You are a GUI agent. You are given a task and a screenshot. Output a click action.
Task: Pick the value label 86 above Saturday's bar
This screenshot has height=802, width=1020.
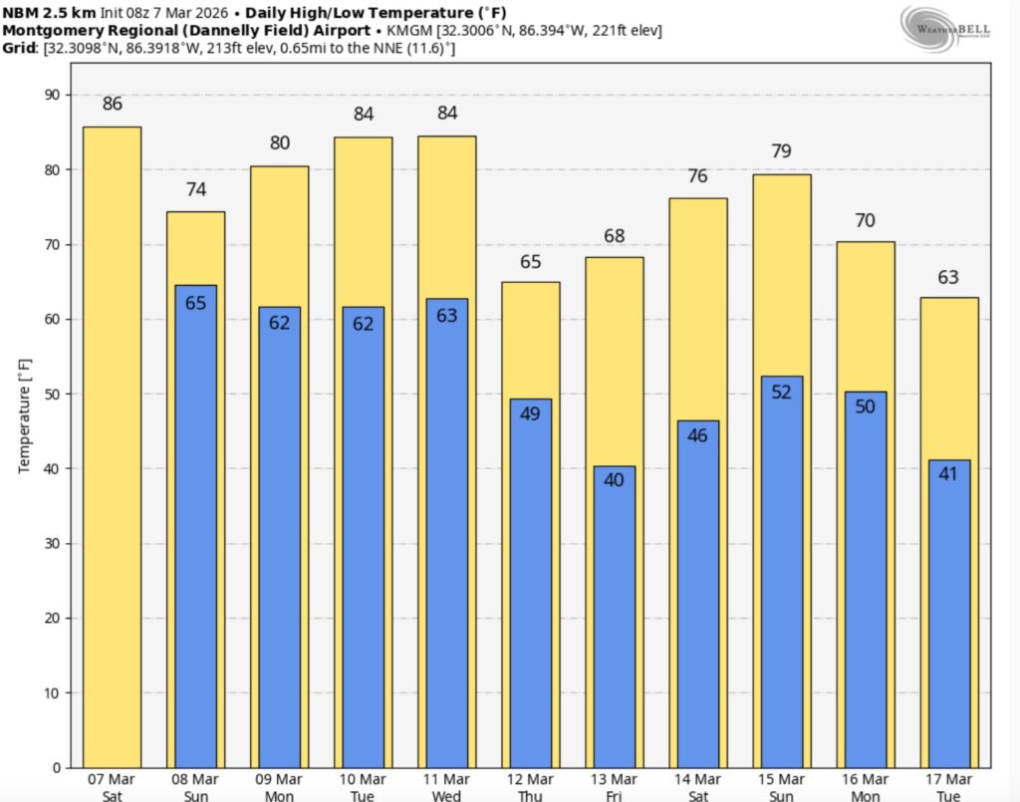click(113, 104)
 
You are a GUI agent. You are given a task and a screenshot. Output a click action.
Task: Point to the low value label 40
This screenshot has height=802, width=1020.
click(615, 480)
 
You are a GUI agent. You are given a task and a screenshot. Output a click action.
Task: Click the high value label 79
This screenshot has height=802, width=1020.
click(782, 151)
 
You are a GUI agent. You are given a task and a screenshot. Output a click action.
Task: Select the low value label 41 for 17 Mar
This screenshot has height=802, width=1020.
click(949, 474)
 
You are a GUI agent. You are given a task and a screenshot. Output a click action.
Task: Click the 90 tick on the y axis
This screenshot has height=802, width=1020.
click(50, 95)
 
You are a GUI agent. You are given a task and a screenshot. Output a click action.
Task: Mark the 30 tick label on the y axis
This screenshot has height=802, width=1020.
click(50, 543)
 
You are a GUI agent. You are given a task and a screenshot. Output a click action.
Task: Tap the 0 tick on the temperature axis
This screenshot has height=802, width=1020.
click(55, 767)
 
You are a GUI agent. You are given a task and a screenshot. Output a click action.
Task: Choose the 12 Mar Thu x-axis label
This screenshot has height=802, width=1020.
click(530, 786)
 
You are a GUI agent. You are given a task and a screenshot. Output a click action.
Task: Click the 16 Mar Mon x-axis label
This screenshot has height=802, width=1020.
click(865, 786)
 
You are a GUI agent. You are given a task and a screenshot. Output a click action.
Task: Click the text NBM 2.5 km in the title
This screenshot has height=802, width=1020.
click(50, 12)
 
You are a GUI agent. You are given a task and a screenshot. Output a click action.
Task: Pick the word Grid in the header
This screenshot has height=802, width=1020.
click(21, 48)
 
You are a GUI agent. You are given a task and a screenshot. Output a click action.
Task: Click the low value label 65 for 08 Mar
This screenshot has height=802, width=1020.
click(196, 303)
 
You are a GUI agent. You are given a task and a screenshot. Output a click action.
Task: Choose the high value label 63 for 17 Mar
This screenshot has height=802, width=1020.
click(949, 277)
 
